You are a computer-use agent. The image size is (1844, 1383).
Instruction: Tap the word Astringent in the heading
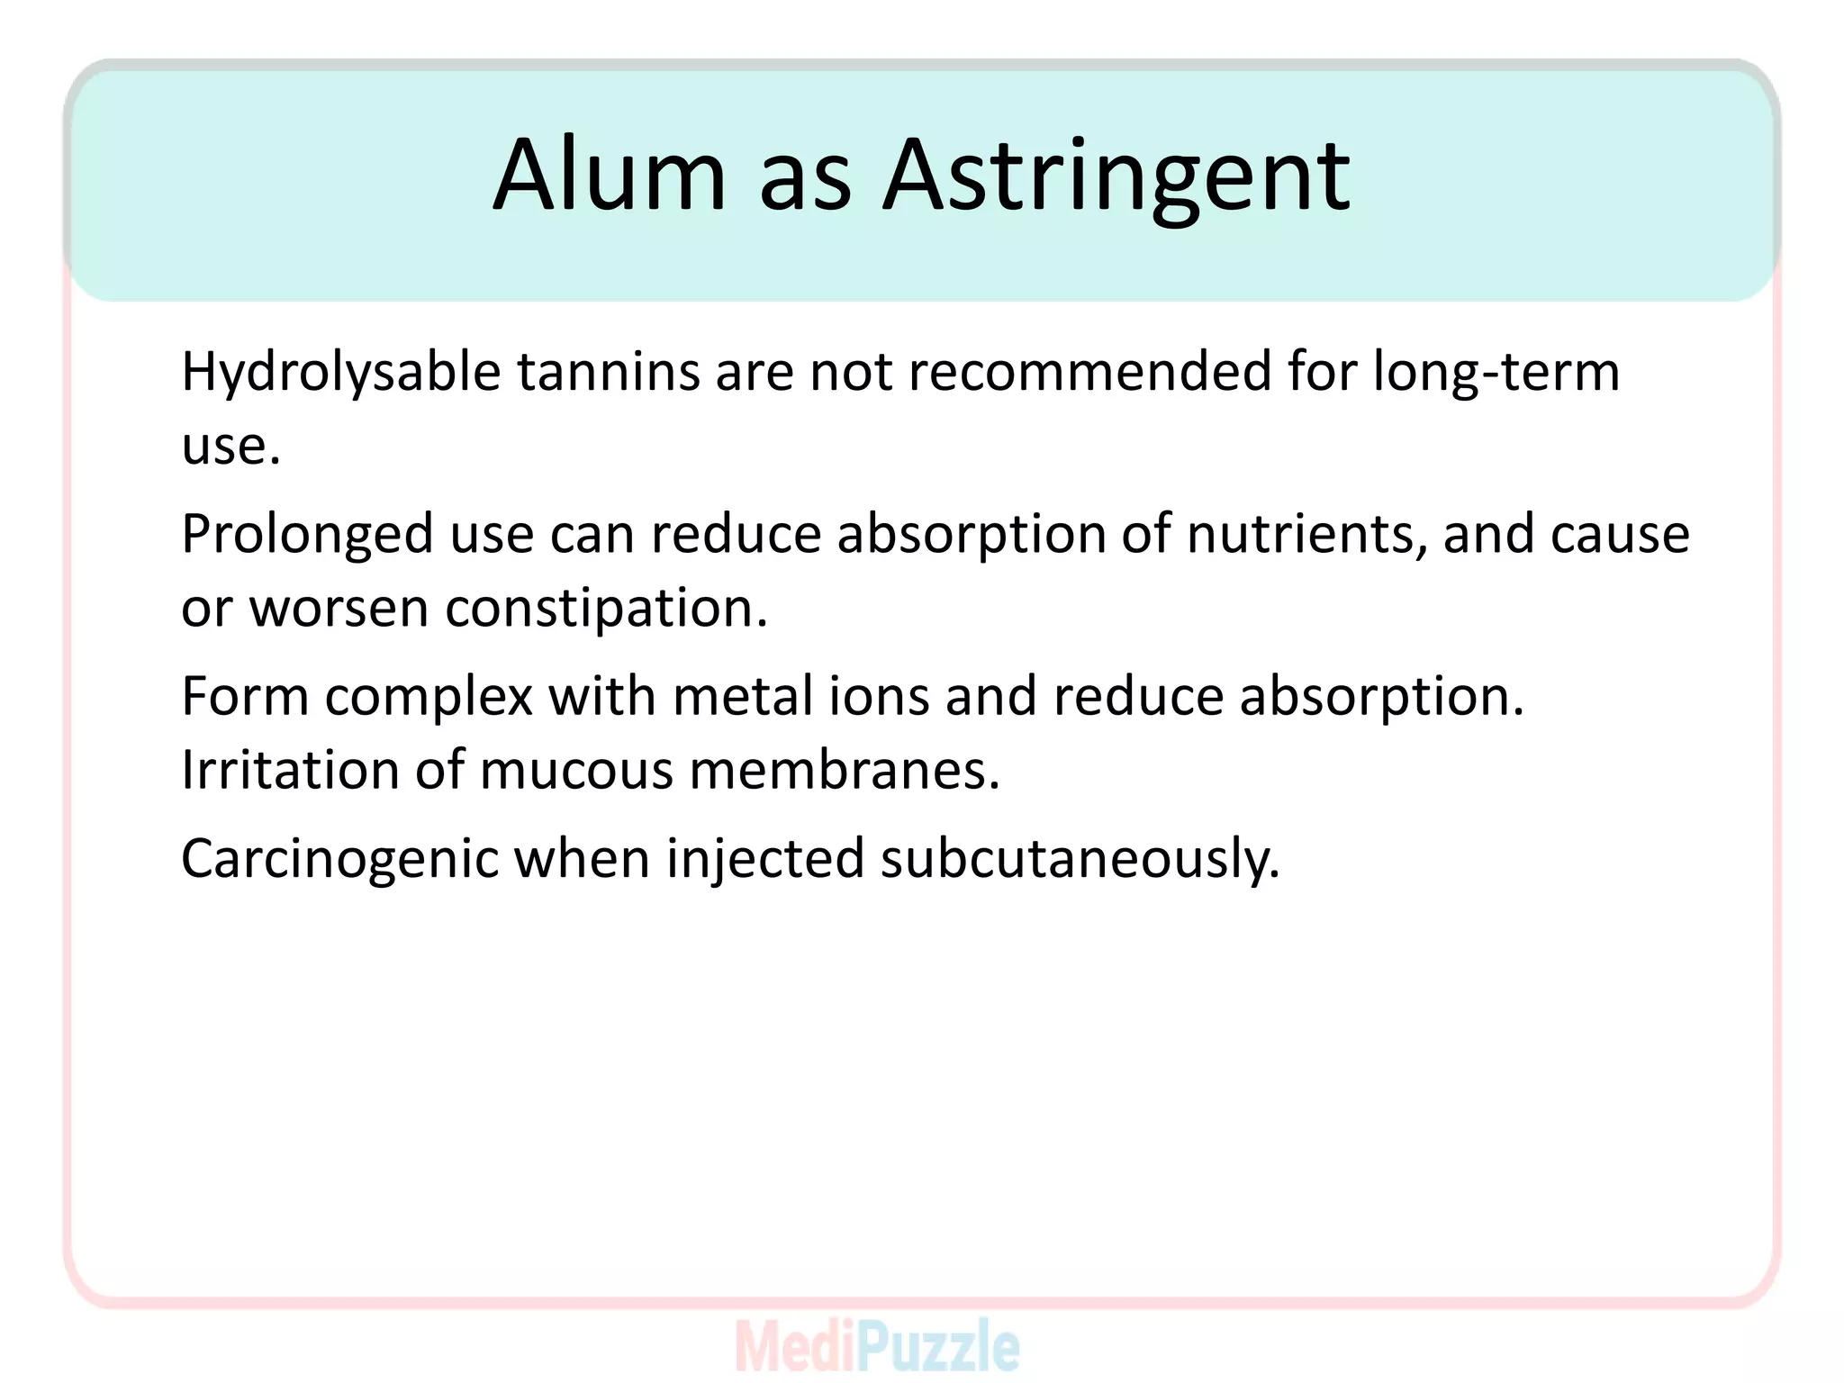pyautogui.click(x=1116, y=176)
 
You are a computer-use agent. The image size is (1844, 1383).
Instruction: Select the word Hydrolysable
pyautogui.click(x=340, y=373)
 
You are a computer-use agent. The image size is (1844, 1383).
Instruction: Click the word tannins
pyautogui.click(x=608, y=371)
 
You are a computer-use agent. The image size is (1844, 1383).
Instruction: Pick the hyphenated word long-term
pyautogui.click(x=1496, y=373)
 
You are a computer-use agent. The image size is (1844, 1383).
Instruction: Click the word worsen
pyautogui.click(x=339, y=609)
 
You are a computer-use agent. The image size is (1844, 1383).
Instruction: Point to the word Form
pyautogui.click(x=245, y=697)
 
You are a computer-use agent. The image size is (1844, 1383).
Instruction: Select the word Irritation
pyautogui.click(x=290, y=771)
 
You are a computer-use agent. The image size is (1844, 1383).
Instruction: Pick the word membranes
pyautogui.click(x=844, y=771)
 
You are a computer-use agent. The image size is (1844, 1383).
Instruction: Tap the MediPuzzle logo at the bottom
pyautogui.click(x=877, y=1346)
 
